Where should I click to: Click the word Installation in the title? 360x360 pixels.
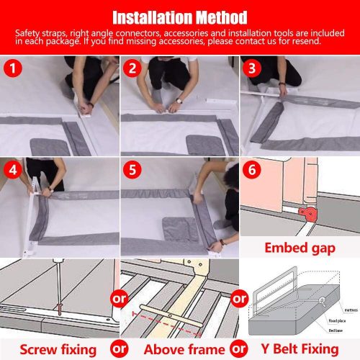click(149, 17)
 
